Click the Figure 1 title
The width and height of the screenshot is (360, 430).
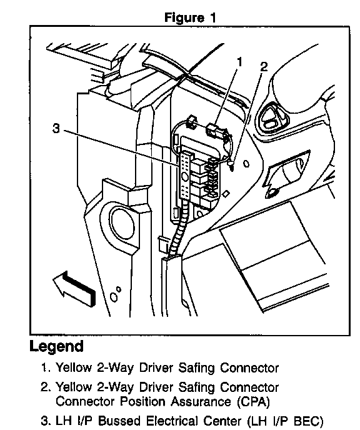coord(190,18)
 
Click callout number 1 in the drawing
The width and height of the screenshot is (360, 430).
coord(239,62)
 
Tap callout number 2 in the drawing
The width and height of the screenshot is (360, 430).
coord(264,67)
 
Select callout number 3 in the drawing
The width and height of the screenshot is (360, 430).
coord(56,128)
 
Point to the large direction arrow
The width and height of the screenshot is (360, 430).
coord(74,288)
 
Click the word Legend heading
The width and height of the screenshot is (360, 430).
coord(56,347)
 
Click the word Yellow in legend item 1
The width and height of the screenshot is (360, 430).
coord(74,367)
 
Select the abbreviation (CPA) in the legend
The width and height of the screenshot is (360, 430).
coord(253,402)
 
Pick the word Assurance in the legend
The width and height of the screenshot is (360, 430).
coord(201,402)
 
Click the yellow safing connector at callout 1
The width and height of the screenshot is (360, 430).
coord(215,130)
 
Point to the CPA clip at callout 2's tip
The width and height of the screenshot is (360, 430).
coord(232,166)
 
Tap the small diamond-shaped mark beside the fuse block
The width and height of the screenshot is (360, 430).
coord(226,194)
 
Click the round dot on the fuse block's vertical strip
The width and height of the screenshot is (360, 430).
coord(185,177)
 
